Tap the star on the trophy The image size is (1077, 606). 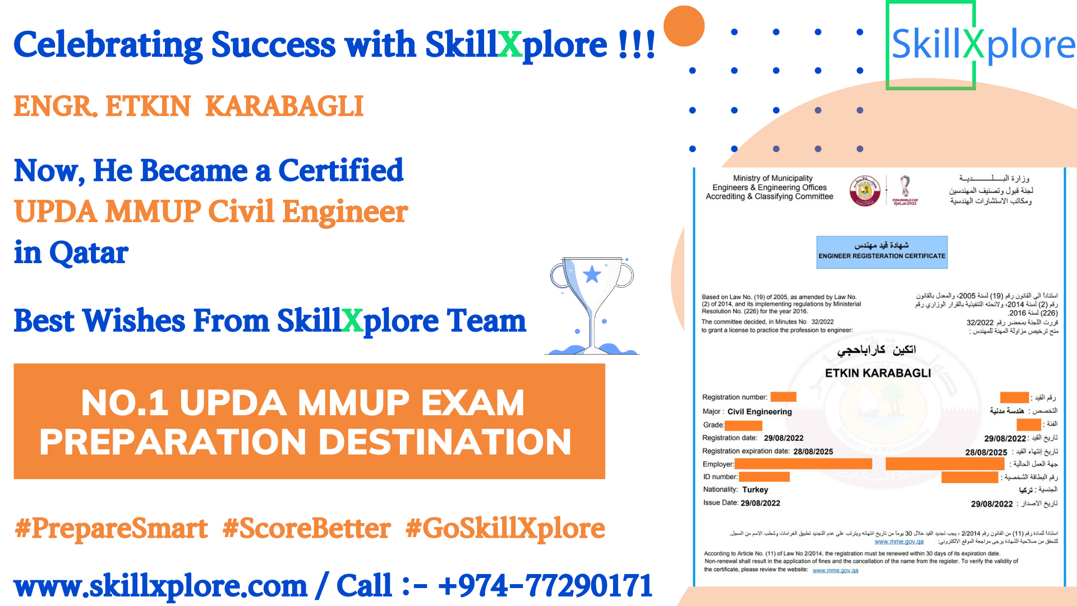(592, 274)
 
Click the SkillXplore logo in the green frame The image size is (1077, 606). (983, 45)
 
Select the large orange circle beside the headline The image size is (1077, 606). (684, 26)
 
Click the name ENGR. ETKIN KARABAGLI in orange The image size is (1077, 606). (188, 107)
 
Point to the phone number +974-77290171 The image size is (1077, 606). (545, 586)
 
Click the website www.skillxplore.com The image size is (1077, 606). (160, 586)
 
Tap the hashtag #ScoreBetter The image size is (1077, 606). (306, 529)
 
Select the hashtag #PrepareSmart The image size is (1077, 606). (111, 529)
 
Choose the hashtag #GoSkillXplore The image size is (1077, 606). (505, 529)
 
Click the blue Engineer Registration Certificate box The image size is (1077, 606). (881, 252)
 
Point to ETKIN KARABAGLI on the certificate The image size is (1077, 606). (878, 373)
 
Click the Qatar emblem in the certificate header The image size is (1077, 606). (864, 191)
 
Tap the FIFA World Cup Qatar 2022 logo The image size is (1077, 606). (905, 191)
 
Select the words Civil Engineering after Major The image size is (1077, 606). (760, 412)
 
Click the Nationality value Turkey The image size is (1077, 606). (755, 490)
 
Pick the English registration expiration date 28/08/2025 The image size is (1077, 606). (813, 452)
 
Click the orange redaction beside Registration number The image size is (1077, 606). (783, 397)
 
